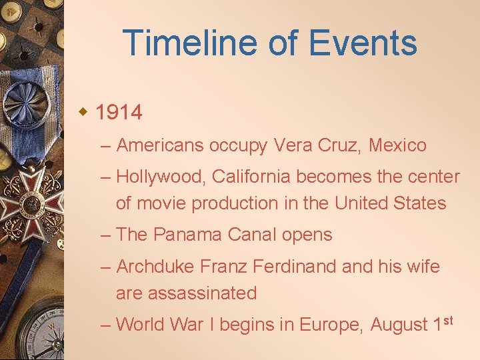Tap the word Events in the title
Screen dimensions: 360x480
[364, 43]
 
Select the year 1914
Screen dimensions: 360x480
[119, 113]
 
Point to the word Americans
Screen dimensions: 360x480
[159, 145]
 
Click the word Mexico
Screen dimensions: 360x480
[397, 145]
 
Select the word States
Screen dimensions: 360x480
[417, 203]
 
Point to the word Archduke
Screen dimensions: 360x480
[157, 267]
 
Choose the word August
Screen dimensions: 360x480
[398, 325]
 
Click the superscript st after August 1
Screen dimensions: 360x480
[447, 321]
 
